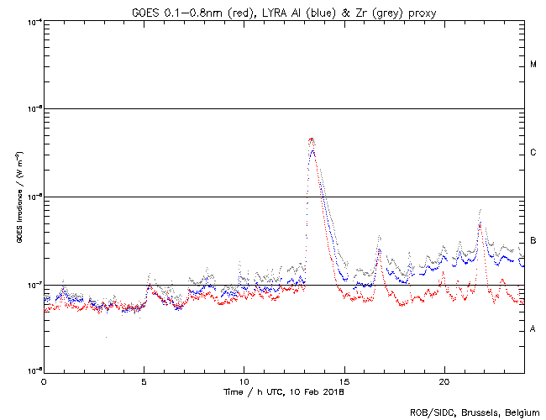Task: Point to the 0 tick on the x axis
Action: click(44, 381)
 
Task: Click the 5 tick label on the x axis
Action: click(144, 381)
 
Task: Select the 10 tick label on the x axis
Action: click(244, 381)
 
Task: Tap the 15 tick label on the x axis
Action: click(344, 381)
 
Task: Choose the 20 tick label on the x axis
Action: click(444, 381)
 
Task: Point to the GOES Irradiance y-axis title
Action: click(19, 198)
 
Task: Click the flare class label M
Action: click(533, 65)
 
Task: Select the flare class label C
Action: click(533, 153)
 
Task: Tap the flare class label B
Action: click(533, 241)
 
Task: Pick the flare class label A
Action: click(533, 329)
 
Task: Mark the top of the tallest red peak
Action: click(312, 139)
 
